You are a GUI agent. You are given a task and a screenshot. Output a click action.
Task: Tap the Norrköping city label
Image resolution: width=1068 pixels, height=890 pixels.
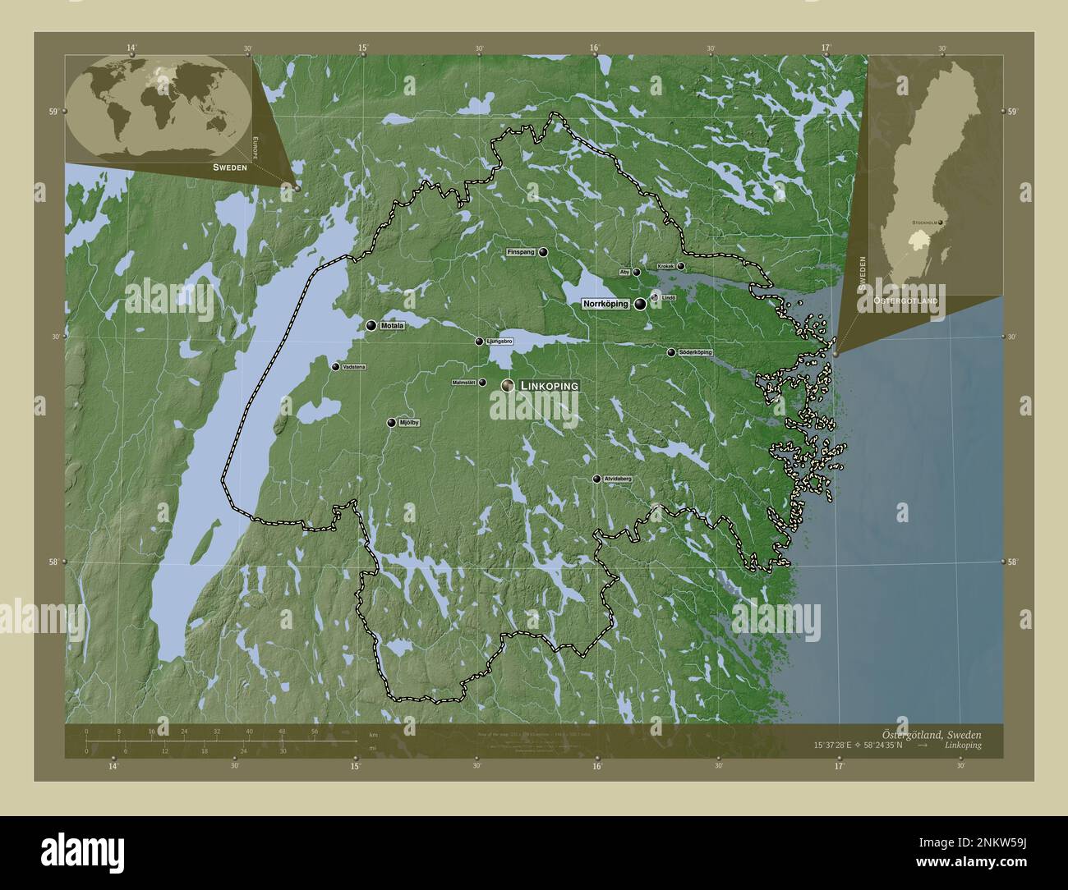pos(605,304)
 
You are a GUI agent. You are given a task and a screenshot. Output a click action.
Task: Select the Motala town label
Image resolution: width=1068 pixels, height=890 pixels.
pos(393,326)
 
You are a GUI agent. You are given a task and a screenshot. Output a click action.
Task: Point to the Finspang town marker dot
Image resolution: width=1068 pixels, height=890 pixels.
pos(543,253)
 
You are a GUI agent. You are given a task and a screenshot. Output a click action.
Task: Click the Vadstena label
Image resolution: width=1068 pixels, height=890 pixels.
pos(354,367)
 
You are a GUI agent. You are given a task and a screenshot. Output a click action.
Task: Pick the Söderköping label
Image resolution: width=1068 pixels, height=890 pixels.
pos(695,352)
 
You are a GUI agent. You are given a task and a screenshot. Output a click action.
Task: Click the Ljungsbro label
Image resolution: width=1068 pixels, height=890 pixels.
pos(499,342)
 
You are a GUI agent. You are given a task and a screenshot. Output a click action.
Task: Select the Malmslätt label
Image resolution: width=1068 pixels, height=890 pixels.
pos(464,383)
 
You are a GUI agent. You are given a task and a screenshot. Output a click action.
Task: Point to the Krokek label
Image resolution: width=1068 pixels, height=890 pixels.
pos(665,267)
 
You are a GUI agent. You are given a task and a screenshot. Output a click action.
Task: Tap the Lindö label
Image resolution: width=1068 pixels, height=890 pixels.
pos(669,297)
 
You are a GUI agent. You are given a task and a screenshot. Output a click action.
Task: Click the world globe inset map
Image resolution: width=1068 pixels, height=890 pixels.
pos(159,106)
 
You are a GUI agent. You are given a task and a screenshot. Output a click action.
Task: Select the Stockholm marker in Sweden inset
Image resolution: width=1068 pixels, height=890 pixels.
pos(941,222)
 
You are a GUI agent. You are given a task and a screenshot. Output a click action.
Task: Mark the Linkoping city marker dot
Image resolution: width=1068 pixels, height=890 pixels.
pos(509,385)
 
